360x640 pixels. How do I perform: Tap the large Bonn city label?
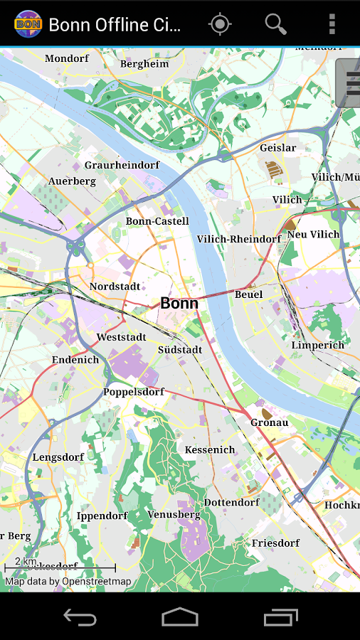pyautogui.click(x=179, y=303)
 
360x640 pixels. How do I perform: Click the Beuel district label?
pyautogui.click(x=248, y=294)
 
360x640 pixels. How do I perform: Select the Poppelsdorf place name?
pyautogui.click(x=134, y=392)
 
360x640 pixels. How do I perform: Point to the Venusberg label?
pyautogui.click(x=174, y=514)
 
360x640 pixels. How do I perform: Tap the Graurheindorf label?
pyautogui.click(x=122, y=165)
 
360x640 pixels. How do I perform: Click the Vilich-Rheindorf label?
pyautogui.click(x=239, y=239)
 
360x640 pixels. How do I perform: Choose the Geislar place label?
pyautogui.click(x=277, y=148)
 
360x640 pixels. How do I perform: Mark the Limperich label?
pyautogui.click(x=317, y=345)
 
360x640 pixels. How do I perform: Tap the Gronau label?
pyautogui.click(x=269, y=422)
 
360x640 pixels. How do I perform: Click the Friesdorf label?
pyautogui.click(x=275, y=543)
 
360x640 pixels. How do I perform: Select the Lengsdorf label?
pyautogui.click(x=58, y=457)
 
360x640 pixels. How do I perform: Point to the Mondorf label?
pyautogui.click(x=66, y=58)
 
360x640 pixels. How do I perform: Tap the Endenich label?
pyautogui.click(x=75, y=360)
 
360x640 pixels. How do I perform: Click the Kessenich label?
pyautogui.click(x=210, y=449)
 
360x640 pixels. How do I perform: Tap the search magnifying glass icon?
pyautogui.click(x=275, y=24)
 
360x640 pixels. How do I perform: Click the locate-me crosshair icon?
pyautogui.click(x=220, y=24)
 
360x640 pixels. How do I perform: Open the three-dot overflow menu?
pyautogui.click(x=332, y=24)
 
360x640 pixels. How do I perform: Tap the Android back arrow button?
pyautogui.click(x=80, y=617)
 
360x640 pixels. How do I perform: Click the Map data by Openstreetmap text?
pyautogui.click(x=68, y=582)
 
